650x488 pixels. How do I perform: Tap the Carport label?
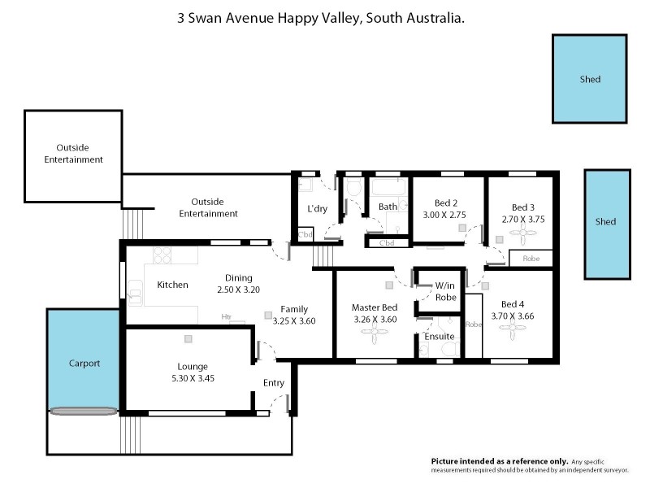pyautogui.click(x=84, y=364)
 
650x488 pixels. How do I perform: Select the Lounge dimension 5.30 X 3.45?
pyautogui.click(x=193, y=378)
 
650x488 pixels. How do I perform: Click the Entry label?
pyautogui.click(x=273, y=383)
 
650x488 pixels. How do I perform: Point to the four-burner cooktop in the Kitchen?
pyautogui.click(x=162, y=255)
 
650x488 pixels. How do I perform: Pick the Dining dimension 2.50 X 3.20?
pyautogui.click(x=238, y=289)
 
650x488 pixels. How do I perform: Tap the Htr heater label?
pyautogui.click(x=227, y=317)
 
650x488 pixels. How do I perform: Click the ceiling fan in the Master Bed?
pyautogui.click(x=375, y=332)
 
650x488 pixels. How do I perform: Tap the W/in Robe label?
pyautogui.click(x=445, y=291)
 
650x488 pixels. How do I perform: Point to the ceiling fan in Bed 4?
pyautogui.click(x=512, y=330)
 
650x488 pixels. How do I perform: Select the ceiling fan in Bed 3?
pyautogui.click(x=520, y=233)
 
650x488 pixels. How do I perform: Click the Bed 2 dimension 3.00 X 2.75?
pyautogui.click(x=446, y=215)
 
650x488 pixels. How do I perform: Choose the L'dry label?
pyautogui.click(x=317, y=209)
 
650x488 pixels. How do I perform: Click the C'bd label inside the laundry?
pyautogui.click(x=305, y=235)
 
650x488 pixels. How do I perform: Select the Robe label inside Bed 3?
pyautogui.click(x=531, y=259)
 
